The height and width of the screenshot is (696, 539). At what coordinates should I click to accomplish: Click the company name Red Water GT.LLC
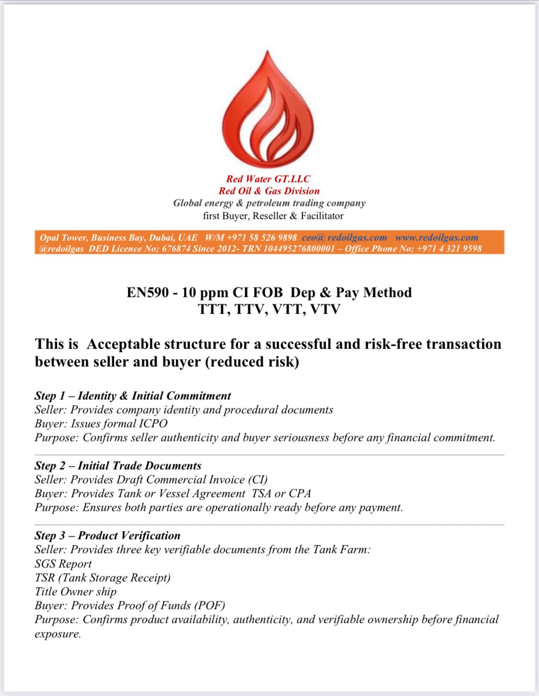click(x=268, y=179)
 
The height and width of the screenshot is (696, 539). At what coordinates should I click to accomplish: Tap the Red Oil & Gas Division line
click(x=269, y=191)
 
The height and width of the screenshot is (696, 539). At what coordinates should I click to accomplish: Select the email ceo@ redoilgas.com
click(x=344, y=237)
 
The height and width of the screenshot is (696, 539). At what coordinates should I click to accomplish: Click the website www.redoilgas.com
click(x=436, y=237)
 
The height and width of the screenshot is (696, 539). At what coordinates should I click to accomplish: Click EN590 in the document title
click(x=148, y=292)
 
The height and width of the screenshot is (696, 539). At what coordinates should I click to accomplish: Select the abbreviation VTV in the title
click(x=325, y=309)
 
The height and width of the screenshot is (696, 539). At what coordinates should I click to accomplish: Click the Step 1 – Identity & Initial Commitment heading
click(x=133, y=396)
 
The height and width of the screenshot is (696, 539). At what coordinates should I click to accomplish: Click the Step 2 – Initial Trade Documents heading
click(x=118, y=466)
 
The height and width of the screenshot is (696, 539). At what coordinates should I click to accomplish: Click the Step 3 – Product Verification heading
click(x=107, y=536)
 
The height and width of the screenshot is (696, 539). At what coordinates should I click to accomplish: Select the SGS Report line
click(x=63, y=564)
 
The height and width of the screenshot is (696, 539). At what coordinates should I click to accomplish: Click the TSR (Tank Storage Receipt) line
click(x=103, y=578)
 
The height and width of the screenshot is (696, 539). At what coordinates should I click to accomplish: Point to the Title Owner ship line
click(x=75, y=592)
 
